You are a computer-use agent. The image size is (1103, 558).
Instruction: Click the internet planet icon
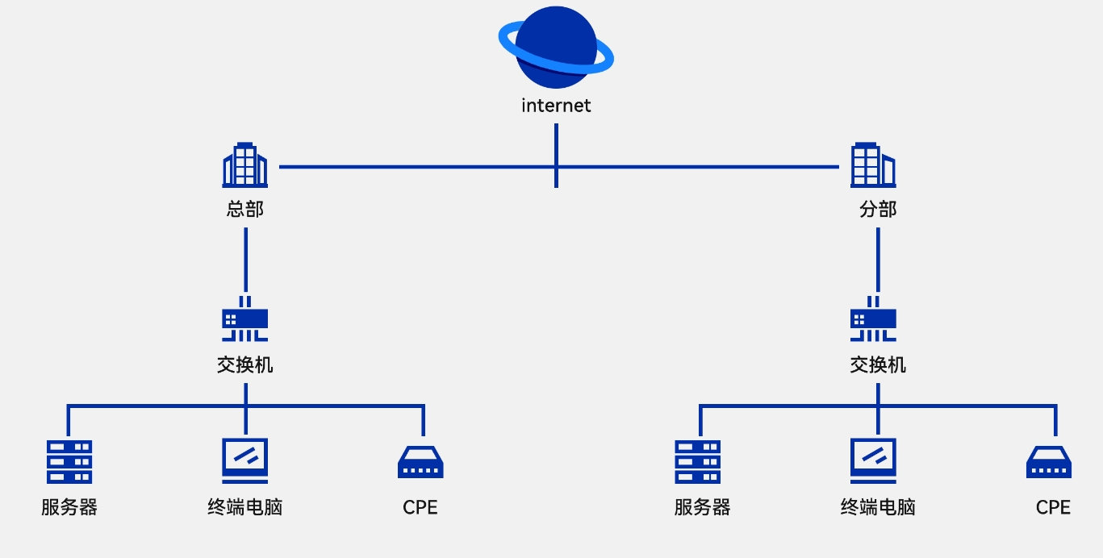(556, 47)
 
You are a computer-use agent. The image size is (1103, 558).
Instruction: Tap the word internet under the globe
(556, 106)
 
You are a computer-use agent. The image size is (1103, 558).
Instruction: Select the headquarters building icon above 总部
(244, 165)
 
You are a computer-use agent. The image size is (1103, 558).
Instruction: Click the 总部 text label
(245, 210)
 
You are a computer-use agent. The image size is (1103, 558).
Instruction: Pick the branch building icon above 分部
(873, 165)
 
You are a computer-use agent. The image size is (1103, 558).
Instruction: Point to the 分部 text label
(878, 210)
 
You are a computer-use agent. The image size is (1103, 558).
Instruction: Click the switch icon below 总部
(244, 319)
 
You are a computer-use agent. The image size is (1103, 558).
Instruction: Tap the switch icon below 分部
(873, 319)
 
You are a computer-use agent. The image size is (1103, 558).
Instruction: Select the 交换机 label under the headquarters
(245, 364)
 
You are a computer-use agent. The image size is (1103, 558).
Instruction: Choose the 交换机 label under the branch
(878, 364)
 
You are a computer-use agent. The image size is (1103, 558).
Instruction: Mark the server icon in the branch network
(698, 462)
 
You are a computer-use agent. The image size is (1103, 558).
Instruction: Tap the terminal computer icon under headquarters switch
(245, 460)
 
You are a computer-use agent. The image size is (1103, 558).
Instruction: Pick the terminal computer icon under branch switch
(874, 460)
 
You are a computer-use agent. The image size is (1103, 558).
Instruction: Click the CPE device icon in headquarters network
(420, 463)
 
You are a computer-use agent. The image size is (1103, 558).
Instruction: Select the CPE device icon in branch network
(1049, 463)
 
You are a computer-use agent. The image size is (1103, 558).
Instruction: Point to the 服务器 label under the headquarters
(69, 507)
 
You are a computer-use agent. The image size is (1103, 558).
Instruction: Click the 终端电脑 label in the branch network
(878, 507)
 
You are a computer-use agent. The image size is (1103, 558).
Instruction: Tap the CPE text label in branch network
(1053, 507)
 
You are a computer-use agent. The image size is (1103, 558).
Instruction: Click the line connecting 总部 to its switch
(245, 258)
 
